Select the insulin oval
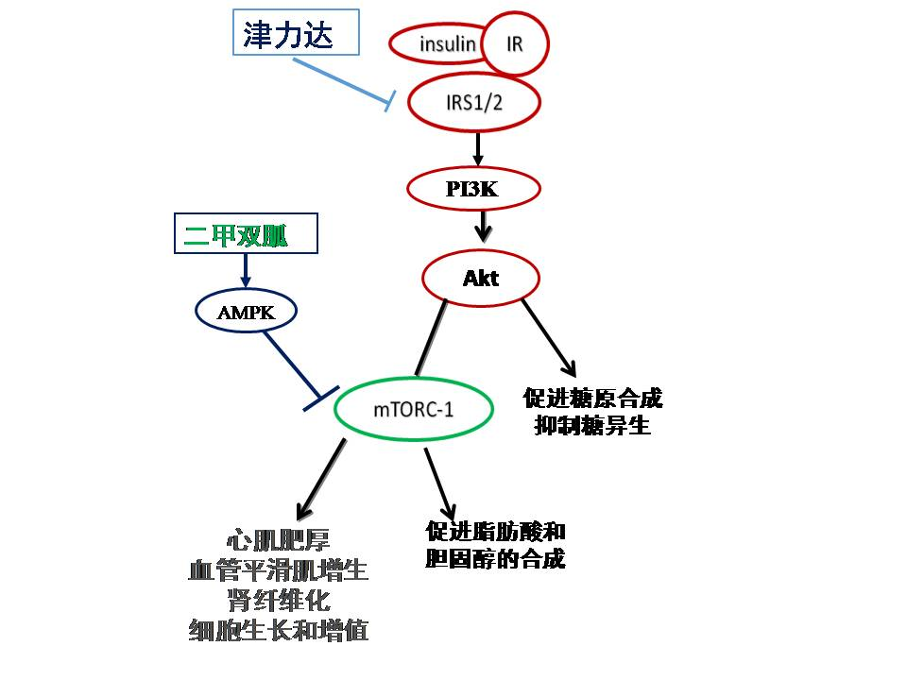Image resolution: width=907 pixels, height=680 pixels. (436, 42)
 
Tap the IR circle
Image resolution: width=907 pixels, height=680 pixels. (514, 42)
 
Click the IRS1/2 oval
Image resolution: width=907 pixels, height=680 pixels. (473, 102)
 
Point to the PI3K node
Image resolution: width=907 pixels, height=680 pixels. (472, 189)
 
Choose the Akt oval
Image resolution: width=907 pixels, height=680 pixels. (480, 279)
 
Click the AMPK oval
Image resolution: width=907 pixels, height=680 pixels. (246, 312)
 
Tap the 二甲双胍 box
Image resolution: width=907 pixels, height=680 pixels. (246, 235)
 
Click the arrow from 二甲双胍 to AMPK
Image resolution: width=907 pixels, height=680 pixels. (246, 271)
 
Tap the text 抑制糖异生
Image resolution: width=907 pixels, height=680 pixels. (591, 426)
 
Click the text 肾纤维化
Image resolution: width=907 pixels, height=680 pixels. (278, 601)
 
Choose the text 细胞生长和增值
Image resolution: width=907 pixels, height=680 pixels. (278, 630)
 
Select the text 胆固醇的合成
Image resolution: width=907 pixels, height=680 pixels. (495, 559)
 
